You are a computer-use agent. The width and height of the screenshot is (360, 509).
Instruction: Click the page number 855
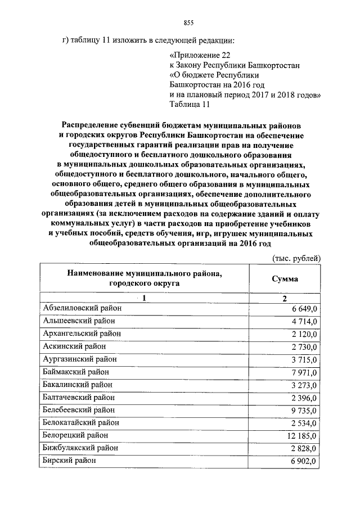[188, 22]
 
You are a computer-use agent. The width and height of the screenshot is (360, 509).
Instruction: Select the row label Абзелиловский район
[82, 308]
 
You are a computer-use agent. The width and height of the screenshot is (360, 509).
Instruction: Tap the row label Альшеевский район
[79, 321]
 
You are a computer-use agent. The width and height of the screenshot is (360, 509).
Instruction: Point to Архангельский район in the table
[82, 333]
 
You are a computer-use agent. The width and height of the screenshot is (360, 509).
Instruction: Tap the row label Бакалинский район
[78, 384]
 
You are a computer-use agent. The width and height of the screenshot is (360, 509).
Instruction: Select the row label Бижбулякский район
[80, 448]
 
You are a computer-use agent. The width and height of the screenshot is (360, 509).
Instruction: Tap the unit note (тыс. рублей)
[296, 258]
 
